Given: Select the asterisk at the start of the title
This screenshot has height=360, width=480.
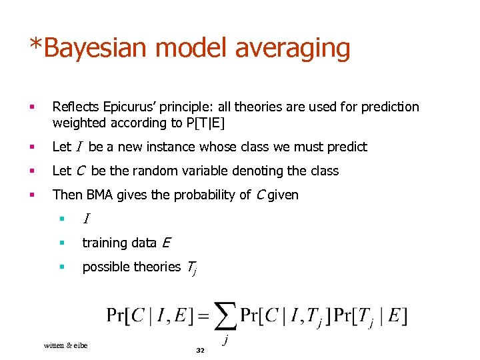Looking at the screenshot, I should (x=35, y=44).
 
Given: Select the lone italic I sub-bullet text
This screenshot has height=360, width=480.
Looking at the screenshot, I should (x=86, y=219).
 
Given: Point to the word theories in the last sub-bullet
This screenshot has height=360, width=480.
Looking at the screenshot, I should (x=157, y=267).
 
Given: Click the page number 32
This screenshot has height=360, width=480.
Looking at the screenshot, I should (x=201, y=350).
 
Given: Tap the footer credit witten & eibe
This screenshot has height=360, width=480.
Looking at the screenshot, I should (x=65, y=345).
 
